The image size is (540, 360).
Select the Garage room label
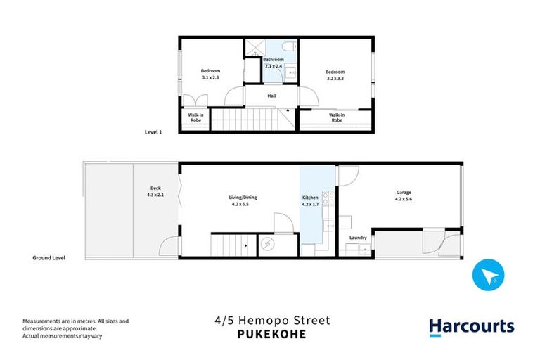pyautogui.click(x=403, y=192)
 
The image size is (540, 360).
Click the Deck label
pyautogui.click(x=155, y=188)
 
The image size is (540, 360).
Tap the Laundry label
pyautogui.click(x=358, y=238)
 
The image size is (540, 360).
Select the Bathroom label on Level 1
pyautogui.click(x=274, y=60)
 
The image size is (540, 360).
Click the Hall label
pyautogui.click(x=271, y=96)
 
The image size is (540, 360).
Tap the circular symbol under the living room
pyautogui.click(x=268, y=245)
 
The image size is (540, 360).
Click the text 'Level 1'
pyautogui.click(x=153, y=131)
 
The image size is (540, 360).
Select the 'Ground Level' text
pyautogui.click(x=49, y=258)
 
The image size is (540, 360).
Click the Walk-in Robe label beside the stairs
pyautogui.click(x=195, y=117)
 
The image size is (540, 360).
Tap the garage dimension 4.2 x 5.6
pyautogui.click(x=403, y=198)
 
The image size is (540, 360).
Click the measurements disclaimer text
pyautogui.click(x=76, y=328)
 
